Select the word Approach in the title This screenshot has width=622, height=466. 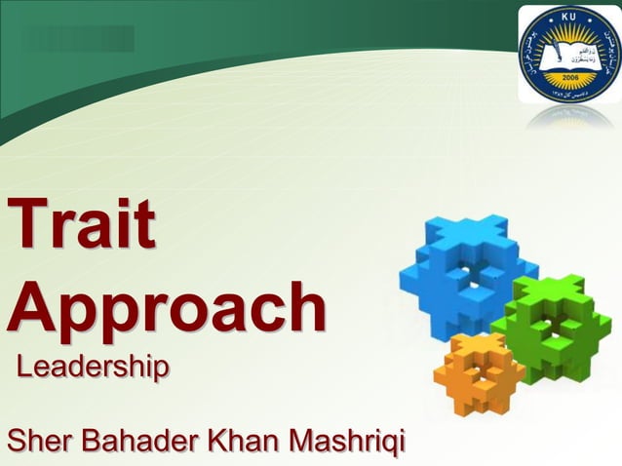click(167, 307)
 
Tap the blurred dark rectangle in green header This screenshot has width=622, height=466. click(77, 38)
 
